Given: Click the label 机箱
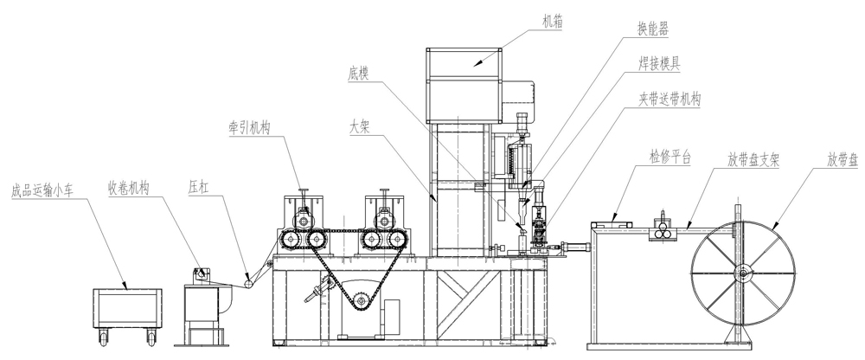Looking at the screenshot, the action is pos(553,22).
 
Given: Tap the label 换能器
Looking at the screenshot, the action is pos(653,29).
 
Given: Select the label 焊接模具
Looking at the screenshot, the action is pos(660,63).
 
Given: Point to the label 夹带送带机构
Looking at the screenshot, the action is pos(670,100).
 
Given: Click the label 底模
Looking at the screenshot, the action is pos(359,74).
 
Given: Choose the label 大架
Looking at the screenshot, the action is pos(359,126).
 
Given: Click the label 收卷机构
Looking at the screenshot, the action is pos(129,189).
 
